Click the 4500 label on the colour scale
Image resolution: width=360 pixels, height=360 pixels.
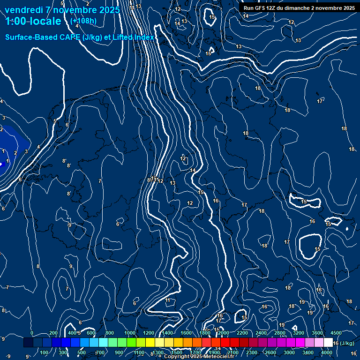tap(336, 333)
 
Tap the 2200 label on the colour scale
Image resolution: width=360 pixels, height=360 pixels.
tap(242, 333)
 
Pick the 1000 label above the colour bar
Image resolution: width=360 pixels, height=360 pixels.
tap(130, 333)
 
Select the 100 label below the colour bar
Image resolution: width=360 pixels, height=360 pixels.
tap(44, 352)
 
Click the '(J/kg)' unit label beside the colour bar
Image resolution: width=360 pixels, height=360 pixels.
tap(347, 343)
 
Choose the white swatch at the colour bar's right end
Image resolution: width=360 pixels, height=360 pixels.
tap(328, 343)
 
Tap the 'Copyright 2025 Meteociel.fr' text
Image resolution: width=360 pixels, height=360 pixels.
tap(199, 357)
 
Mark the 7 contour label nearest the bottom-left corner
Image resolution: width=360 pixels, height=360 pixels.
tap(7, 287)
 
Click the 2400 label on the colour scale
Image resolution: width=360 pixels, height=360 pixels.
tap(261, 333)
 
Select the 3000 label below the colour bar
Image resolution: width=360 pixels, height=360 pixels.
tap(289, 352)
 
